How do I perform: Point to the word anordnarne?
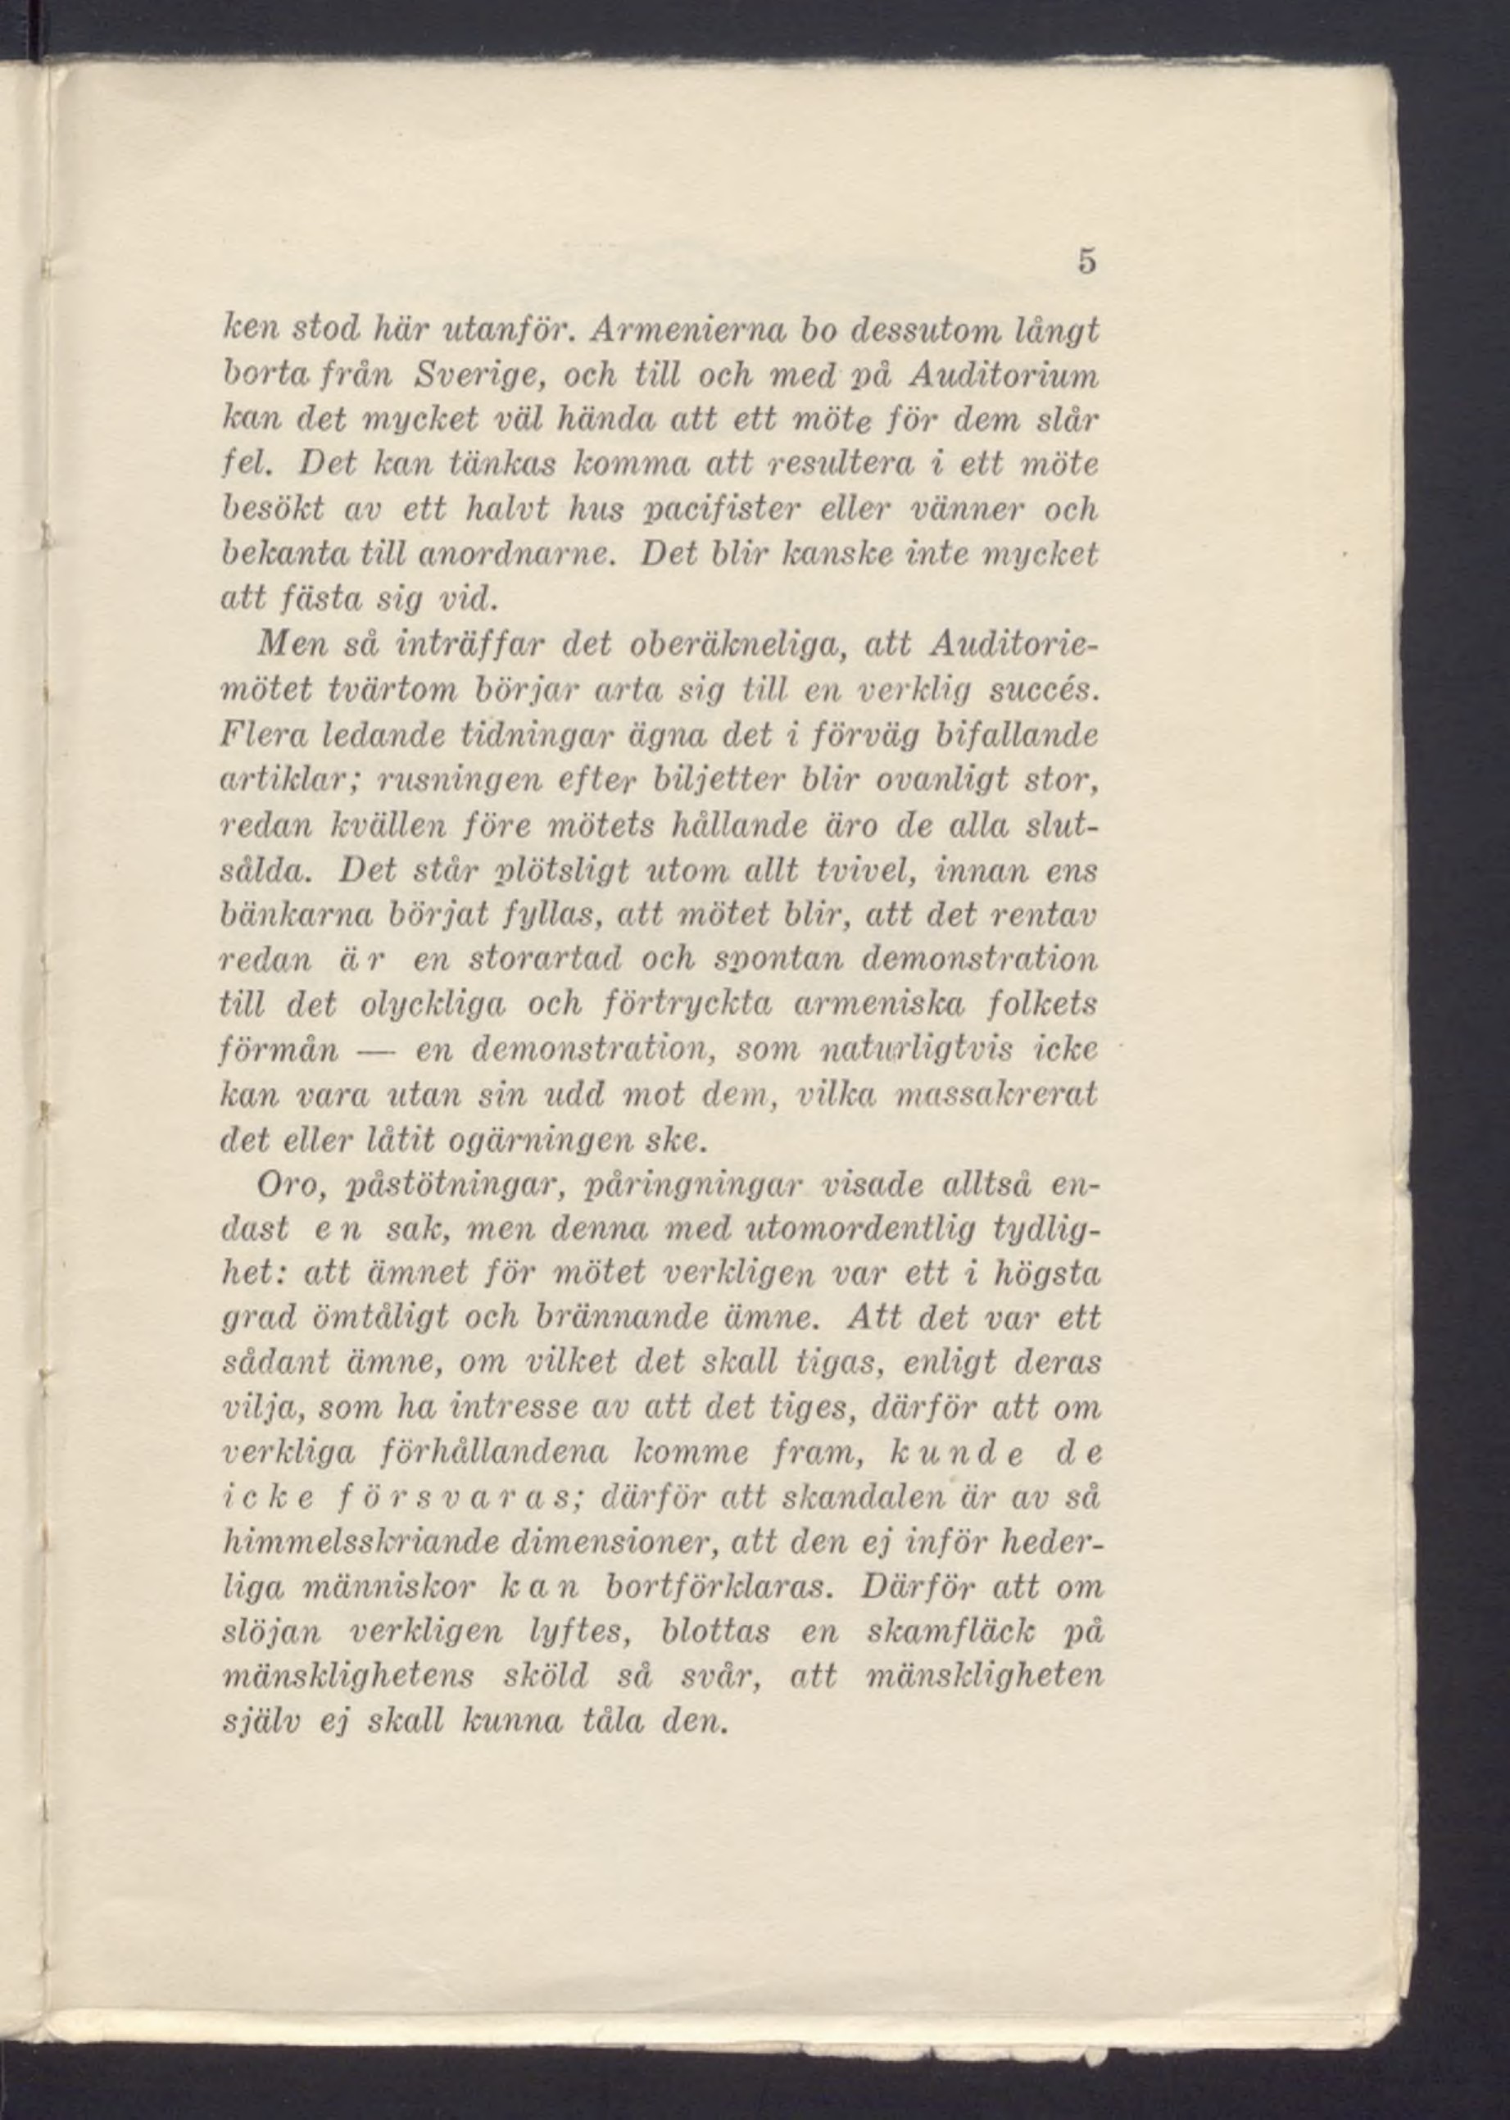527,554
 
